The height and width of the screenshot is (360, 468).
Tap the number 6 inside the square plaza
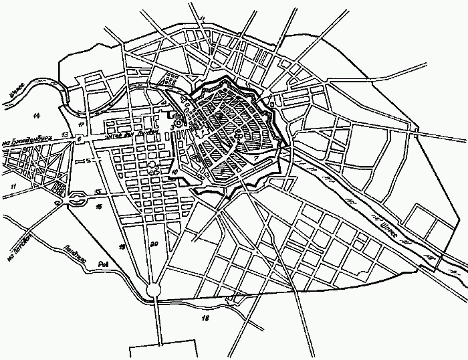point(79,139)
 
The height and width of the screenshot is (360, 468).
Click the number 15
point(98,193)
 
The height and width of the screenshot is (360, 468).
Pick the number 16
point(98,207)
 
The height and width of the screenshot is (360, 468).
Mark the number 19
point(122,247)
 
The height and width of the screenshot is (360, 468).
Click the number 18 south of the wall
point(205,317)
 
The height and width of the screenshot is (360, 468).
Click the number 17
point(80,124)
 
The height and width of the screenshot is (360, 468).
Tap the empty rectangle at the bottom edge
point(163,350)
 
